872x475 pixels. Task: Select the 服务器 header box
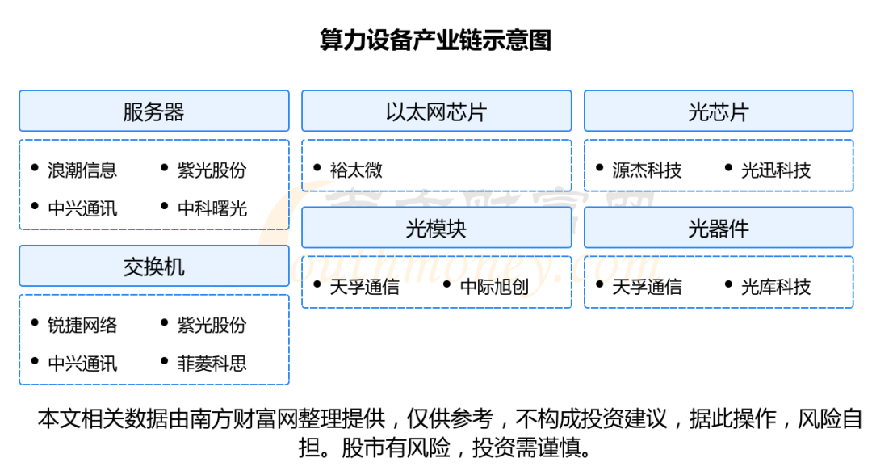(153, 111)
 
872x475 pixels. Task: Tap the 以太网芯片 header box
(436, 111)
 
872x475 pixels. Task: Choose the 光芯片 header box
(718, 111)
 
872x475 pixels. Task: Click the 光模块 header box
(436, 228)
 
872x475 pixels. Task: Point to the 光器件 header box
(718, 228)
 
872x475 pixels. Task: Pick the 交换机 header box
(153, 266)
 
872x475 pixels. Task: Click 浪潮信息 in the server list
(82, 170)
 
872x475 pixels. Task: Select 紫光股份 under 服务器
(212, 170)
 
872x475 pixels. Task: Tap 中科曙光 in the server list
(212, 208)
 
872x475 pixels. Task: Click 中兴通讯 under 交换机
(82, 364)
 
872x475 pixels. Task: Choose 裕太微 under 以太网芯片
(356, 170)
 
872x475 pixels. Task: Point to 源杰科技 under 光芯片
(647, 170)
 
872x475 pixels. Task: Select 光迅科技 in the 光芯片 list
(776, 170)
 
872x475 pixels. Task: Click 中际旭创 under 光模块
(494, 287)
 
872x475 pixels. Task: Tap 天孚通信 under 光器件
(647, 287)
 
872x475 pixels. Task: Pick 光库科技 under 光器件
(776, 287)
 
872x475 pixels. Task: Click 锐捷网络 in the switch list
(82, 325)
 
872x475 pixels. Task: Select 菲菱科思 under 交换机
(212, 364)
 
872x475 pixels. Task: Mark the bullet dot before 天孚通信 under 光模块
(317, 284)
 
